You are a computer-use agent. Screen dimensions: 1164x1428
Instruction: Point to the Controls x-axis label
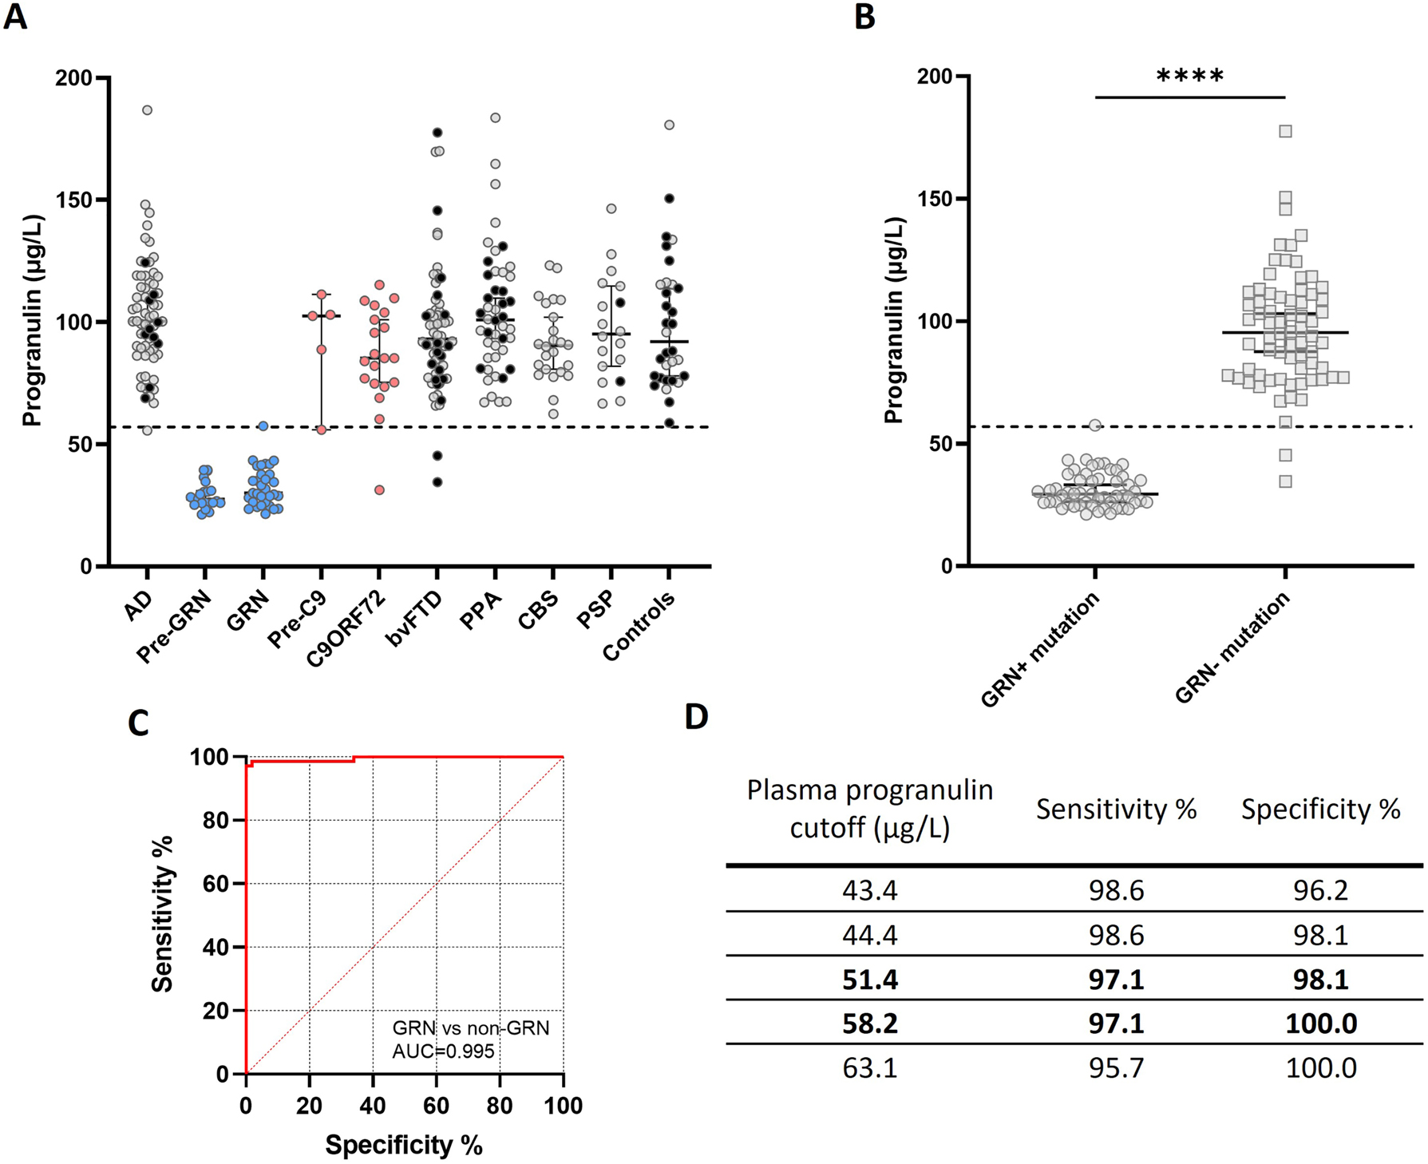(x=639, y=628)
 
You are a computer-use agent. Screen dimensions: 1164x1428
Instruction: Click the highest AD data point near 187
(x=147, y=110)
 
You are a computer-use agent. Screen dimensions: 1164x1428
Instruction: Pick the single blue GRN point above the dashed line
(x=263, y=426)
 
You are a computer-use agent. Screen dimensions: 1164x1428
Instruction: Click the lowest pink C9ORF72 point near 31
(x=380, y=489)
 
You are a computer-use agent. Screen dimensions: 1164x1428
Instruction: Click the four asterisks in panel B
(x=1189, y=77)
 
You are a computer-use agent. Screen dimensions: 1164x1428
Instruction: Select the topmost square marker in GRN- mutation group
(x=1285, y=131)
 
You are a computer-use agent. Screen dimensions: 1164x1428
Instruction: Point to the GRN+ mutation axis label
(x=1041, y=651)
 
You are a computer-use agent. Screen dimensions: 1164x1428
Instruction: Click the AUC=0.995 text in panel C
(x=443, y=1051)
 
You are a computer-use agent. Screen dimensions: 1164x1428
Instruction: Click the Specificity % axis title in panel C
(x=404, y=1145)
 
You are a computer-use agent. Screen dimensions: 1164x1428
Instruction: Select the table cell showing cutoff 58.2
(x=869, y=1023)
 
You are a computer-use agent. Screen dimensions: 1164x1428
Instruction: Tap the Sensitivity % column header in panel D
(x=1116, y=810)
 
